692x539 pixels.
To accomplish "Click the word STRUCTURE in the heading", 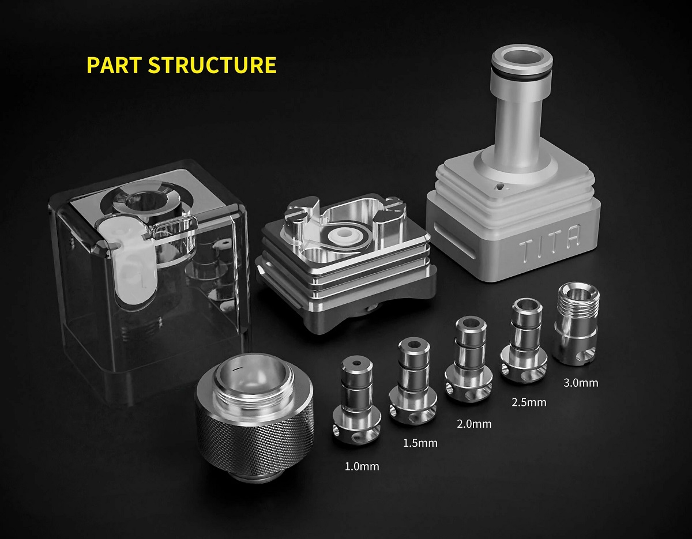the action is tap(212, 65).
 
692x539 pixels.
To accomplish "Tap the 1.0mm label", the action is tap(362, 467).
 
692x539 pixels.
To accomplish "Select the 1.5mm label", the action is tap(420, 443).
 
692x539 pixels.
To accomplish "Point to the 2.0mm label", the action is tap(474, 424).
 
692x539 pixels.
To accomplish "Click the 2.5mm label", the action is tap(529, 402).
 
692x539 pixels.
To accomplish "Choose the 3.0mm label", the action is tap(581, 382).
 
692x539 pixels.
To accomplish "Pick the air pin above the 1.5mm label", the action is tap(413, 382).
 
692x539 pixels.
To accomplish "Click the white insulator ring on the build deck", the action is tap(345, 235).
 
